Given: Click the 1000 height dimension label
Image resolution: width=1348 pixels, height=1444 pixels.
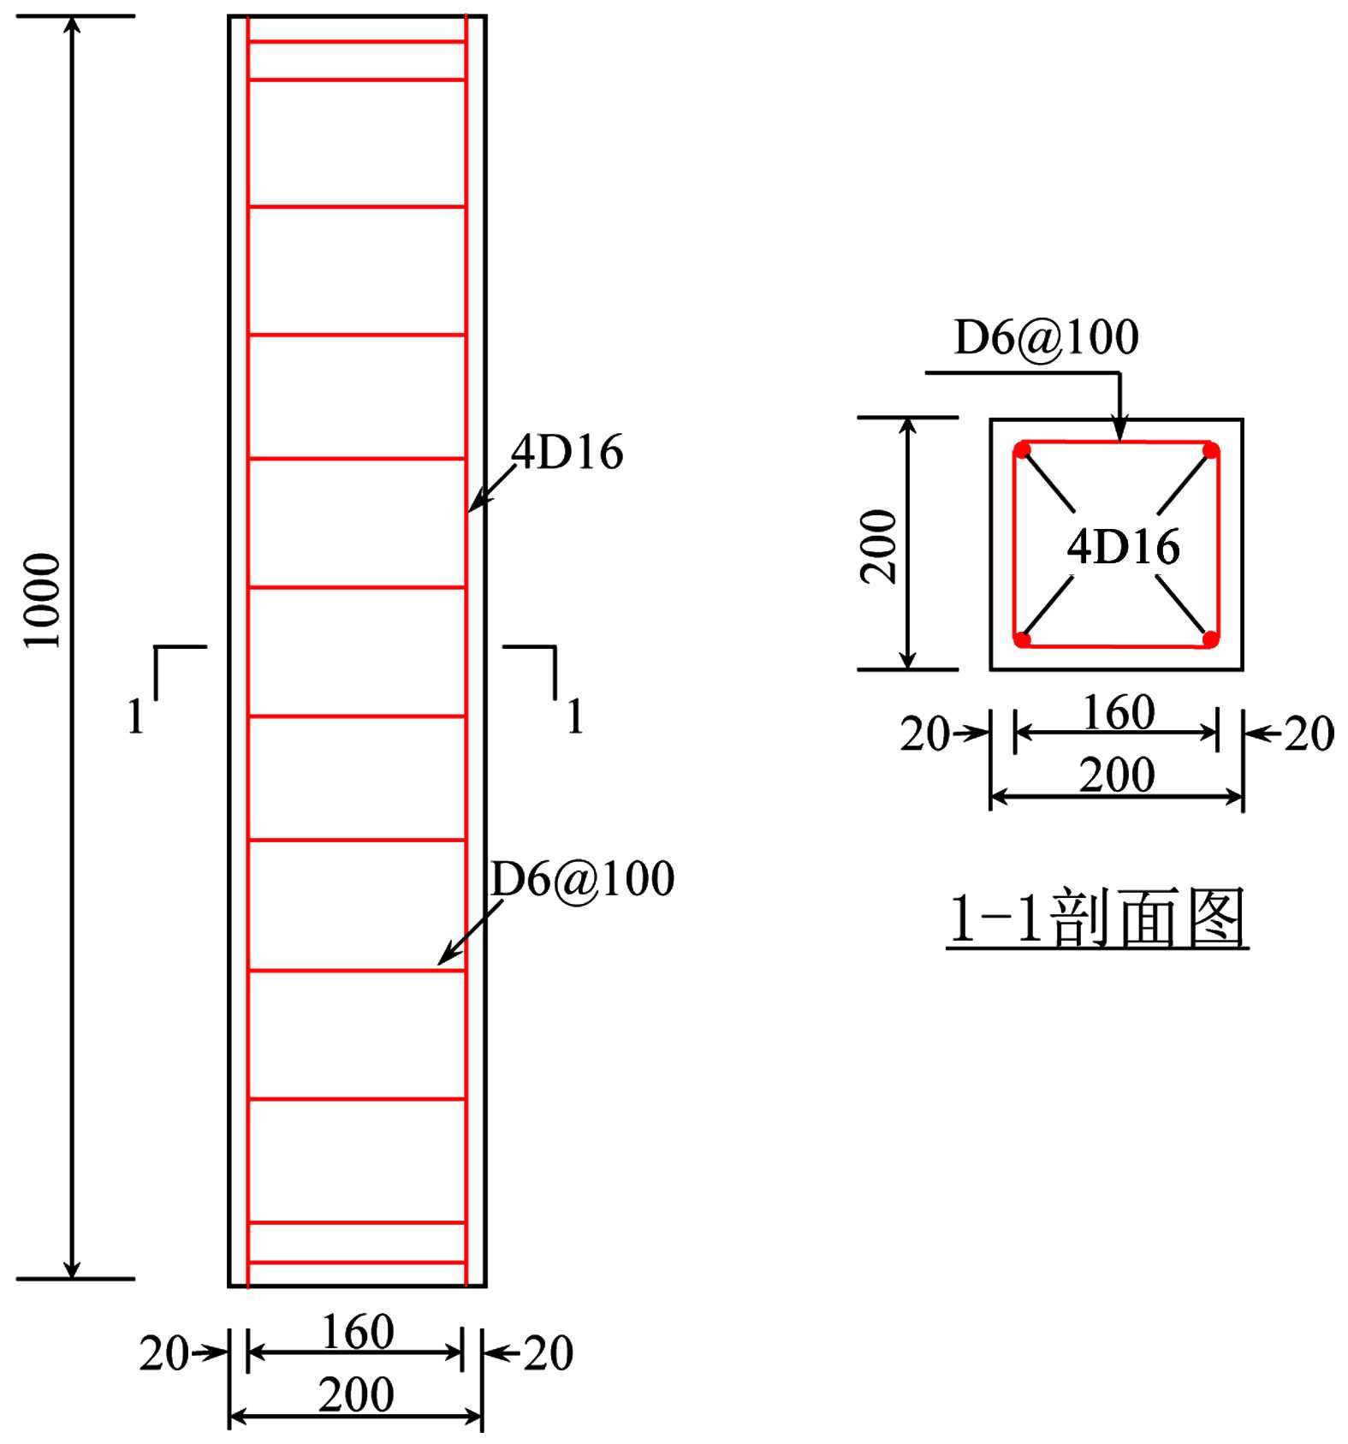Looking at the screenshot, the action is click(42, 600).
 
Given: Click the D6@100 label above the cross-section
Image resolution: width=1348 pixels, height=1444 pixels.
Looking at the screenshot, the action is click(1046, 337).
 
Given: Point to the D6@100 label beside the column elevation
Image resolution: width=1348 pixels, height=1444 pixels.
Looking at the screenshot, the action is click(583, 878).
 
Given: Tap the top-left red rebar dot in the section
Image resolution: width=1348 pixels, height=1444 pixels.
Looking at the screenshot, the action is click(1022, 450).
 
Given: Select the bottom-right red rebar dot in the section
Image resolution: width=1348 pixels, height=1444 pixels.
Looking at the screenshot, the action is click(1210, 639).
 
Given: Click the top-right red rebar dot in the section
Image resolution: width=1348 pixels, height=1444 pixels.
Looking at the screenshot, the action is click(1210, 450).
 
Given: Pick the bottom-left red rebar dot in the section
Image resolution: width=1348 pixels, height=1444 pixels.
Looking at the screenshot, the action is click(1022, 639).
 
